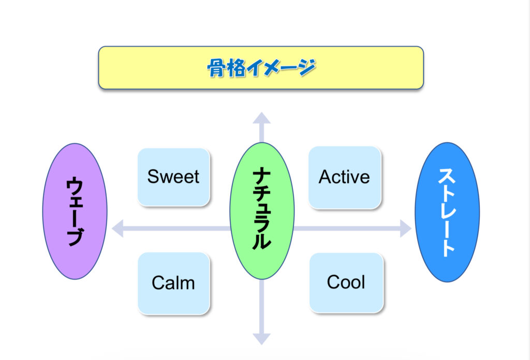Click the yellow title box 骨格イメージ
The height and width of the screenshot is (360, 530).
point(261,67)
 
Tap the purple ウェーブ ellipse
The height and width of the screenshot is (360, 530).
point(75,211)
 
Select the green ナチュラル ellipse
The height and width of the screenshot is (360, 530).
point(261,211)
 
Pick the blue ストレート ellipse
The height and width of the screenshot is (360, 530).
point(447,212)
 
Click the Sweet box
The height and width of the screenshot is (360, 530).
point(173,177)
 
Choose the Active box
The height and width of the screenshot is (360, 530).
point(344,177)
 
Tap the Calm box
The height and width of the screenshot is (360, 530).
point(173,283)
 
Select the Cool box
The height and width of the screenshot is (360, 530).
point(346,282)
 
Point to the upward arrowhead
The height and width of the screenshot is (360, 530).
point(261,118)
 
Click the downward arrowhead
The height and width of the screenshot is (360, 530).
point(261,338)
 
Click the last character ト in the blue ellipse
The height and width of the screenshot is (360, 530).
point(447,247)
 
